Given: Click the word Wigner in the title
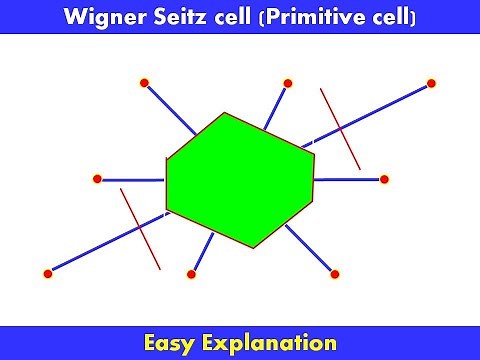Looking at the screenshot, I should coord(97,16).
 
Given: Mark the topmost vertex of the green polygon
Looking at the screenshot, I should coord(225,113).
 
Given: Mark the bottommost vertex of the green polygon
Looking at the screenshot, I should coord(261,247).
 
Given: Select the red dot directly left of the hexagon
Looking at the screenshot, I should coord(97,179).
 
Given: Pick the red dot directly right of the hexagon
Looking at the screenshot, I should coord(384,179).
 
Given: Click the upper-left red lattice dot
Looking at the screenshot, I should coord(144,83).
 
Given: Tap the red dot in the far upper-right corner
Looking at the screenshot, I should coord(432,83).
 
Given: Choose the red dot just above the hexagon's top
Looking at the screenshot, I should coord(288,83).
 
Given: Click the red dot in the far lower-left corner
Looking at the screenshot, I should coord(48,273).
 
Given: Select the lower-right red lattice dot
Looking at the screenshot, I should coord(335,273).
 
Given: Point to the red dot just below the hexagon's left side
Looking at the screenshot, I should coord(192,273).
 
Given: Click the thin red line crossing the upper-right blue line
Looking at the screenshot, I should coord(341,129).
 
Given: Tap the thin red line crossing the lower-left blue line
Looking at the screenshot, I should coord(140,229).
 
